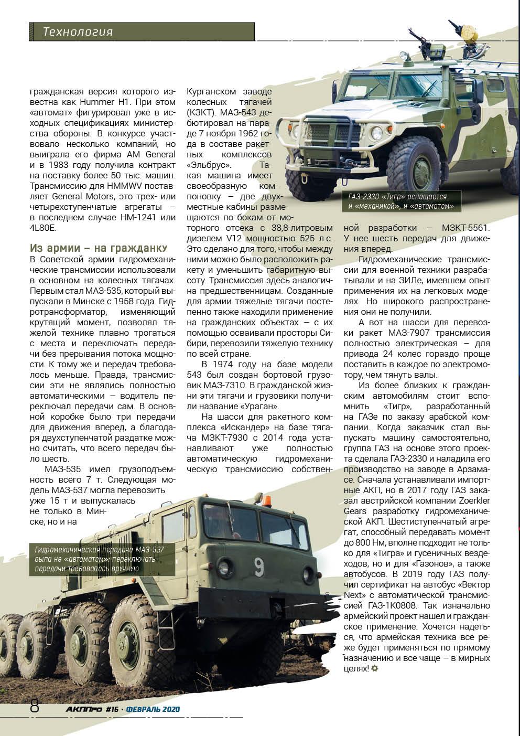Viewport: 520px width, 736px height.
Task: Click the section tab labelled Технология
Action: (x=78, y=32)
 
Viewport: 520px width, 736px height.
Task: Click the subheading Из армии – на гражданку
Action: (x=99, y=248)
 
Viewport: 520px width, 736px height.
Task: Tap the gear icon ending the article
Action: (x=374, y=668)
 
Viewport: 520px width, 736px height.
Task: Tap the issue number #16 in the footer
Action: (x=112, y=709)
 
